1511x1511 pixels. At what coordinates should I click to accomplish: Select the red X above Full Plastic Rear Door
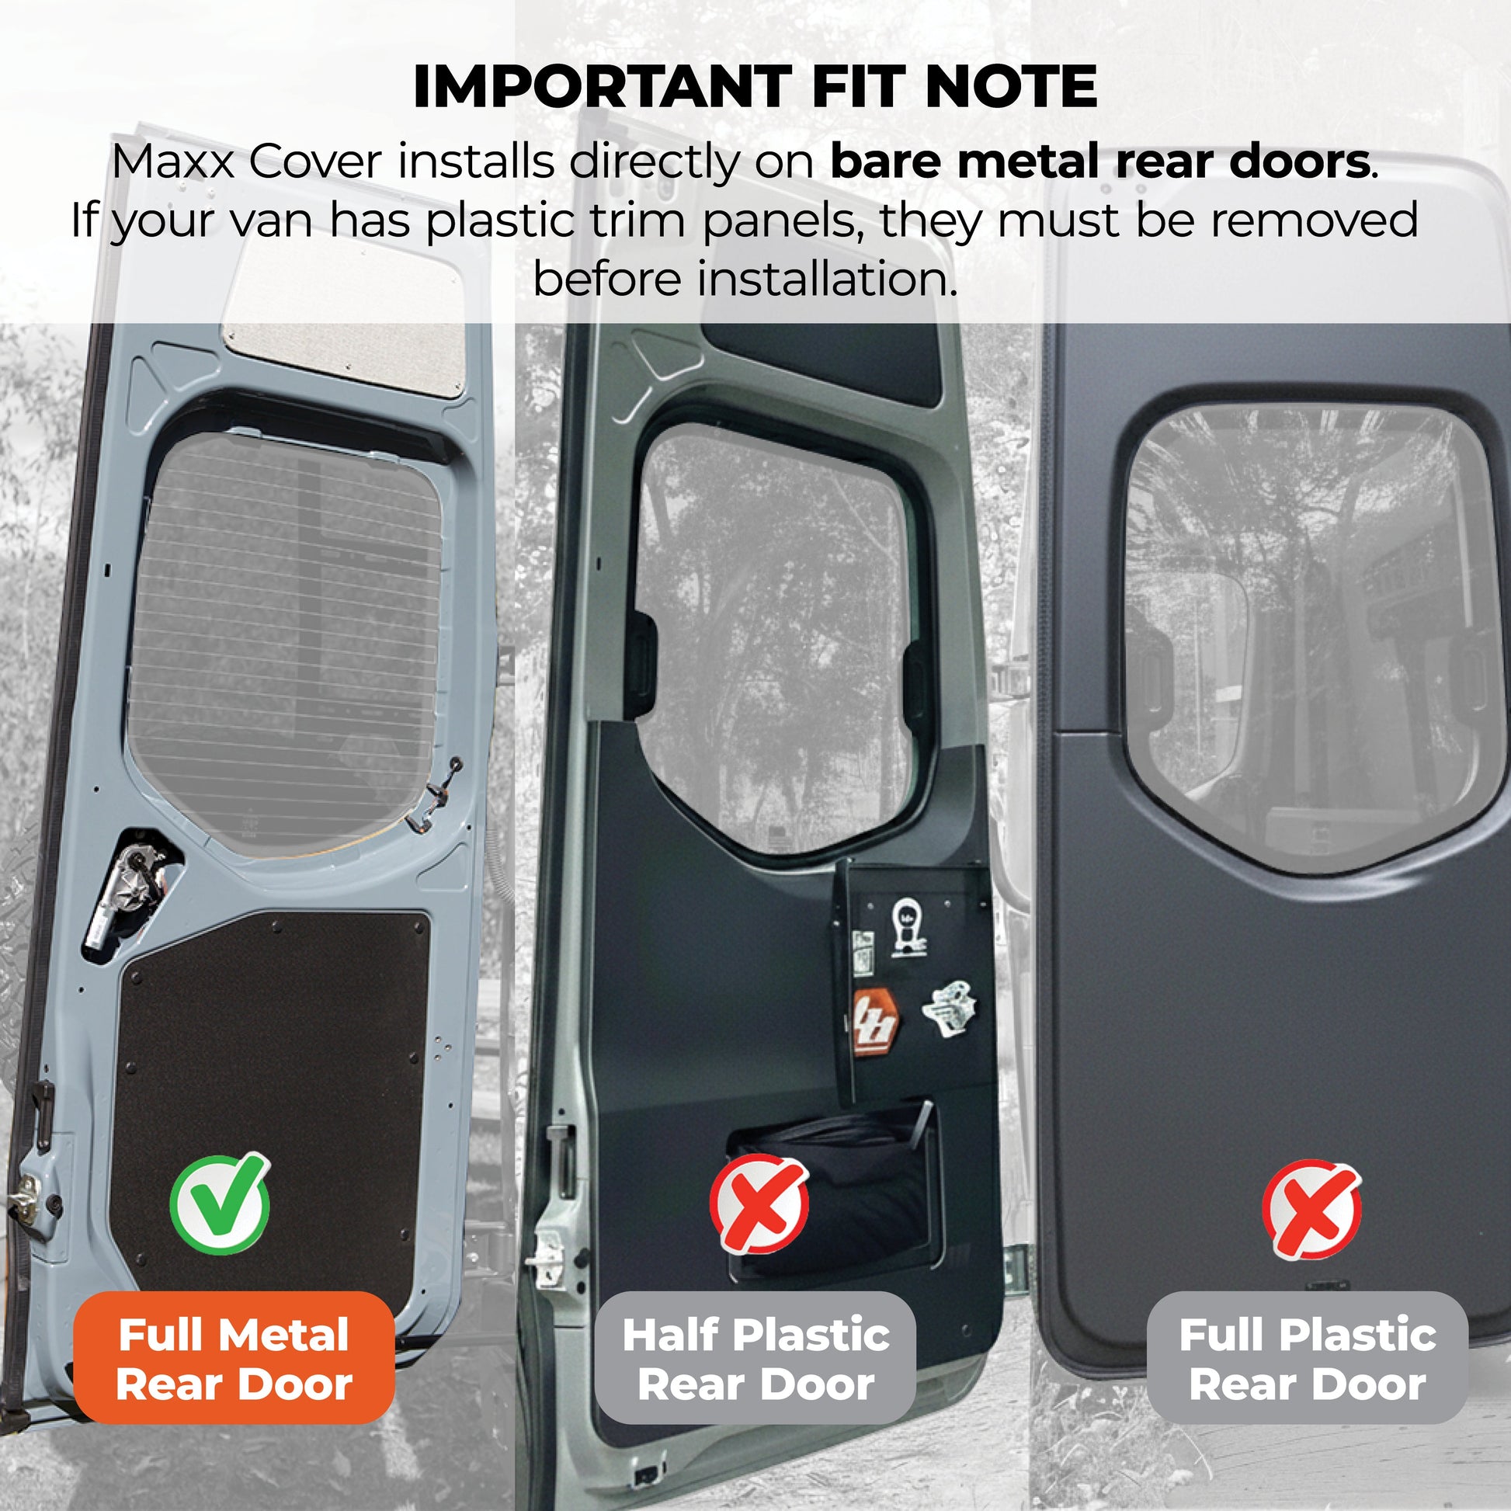tap(1311, 1210)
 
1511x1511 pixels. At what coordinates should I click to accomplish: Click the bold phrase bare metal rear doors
tap(1099, 162)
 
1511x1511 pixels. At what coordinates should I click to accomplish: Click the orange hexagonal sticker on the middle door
tap(874, 1022)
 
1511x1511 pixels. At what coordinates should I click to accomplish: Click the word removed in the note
tap(1314, 221)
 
